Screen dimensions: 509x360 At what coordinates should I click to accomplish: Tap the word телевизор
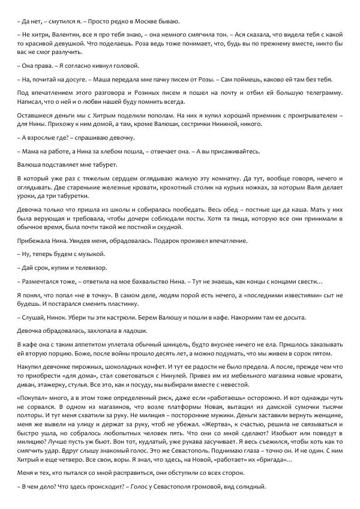[x=102, y=266]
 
